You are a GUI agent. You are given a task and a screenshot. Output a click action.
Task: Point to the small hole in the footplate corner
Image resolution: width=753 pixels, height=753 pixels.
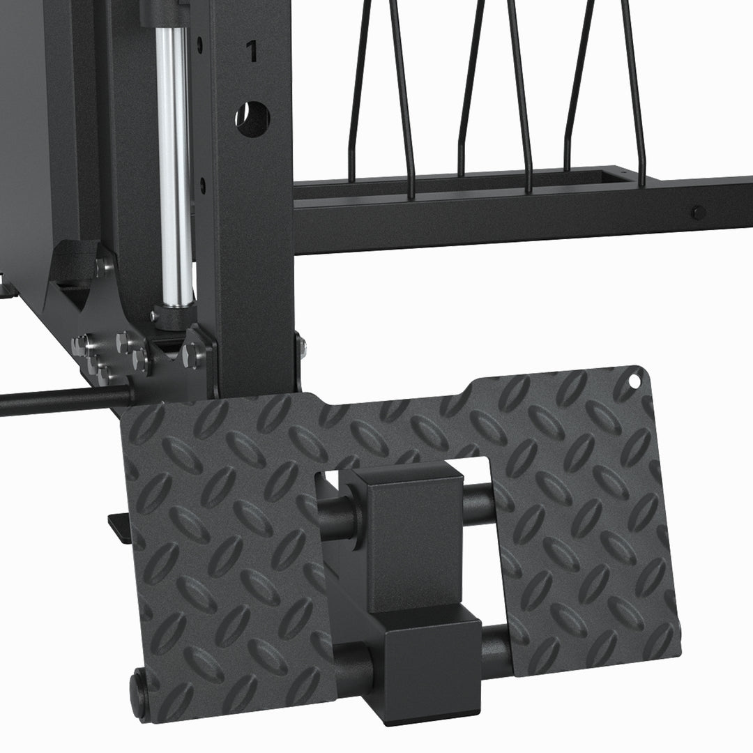[x=634, y=381]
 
